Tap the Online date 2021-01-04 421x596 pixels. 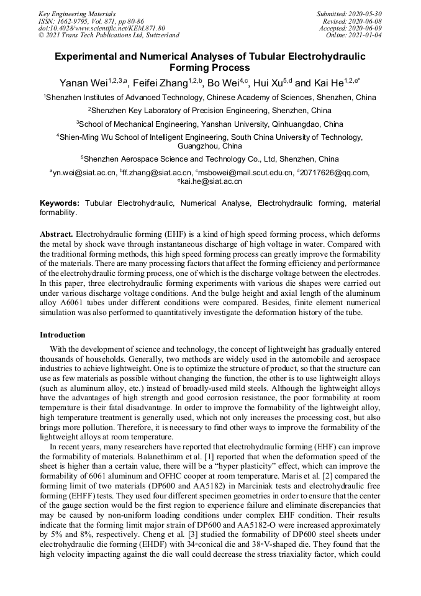pyautogui.click(x=359, y=35)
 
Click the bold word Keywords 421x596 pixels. pyautogui.click(x=60, y=203)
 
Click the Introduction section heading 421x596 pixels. pyautogui.click(x=63, y=335)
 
